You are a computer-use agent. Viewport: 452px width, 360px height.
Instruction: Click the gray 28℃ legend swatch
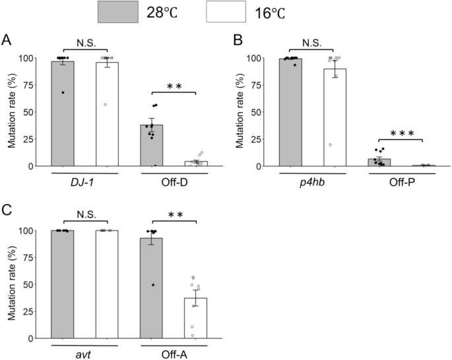click(119, 13)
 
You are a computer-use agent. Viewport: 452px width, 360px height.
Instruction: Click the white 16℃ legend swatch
click(226, 13)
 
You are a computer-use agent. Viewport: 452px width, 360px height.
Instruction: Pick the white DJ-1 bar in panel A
click(107, 114)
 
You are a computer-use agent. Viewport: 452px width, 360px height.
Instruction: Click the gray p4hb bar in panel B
click(290, 112)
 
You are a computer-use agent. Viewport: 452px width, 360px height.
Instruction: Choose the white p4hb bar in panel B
click(335, 118)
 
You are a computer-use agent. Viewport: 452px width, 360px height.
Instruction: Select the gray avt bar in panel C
click(63, 284)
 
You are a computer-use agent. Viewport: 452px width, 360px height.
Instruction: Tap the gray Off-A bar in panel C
click(153, 288)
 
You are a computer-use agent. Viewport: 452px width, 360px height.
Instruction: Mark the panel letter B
click(240, 40)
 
